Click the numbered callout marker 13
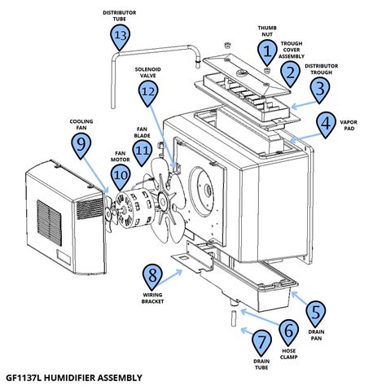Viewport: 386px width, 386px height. [120, 37]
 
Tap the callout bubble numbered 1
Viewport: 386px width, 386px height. [266, 51]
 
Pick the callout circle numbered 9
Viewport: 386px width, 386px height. [80, 144]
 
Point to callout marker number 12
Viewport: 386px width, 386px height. [147, 94]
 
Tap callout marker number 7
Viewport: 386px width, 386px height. [261, 341]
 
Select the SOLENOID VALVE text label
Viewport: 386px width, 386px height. [147, 73]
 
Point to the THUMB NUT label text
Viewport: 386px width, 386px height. [266, 30]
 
